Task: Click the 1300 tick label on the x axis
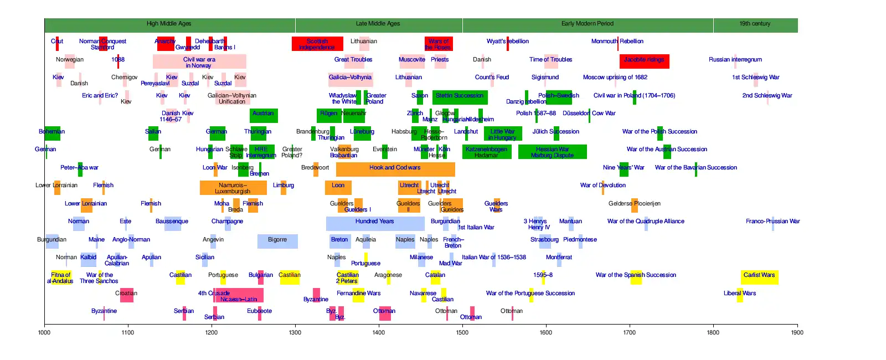click(295, 332)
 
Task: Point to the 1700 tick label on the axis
click(630, 332)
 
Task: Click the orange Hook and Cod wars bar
click(395, 169)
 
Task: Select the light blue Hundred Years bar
click(375, 223)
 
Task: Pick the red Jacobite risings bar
click(644, 61)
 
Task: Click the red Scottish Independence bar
click(317, 44)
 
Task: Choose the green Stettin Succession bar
click(460, 97)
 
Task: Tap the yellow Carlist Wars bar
click(759, 277)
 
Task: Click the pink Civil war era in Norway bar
click(199, 61)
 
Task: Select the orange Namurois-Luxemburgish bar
click(233, 188)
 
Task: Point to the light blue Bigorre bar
click(277, 241)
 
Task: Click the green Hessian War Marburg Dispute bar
click(552, 152)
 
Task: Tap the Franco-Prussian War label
click(772, 221)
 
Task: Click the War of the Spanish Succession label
click(636, 275)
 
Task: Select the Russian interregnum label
click(735, 59)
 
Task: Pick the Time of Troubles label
click(550, 59)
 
